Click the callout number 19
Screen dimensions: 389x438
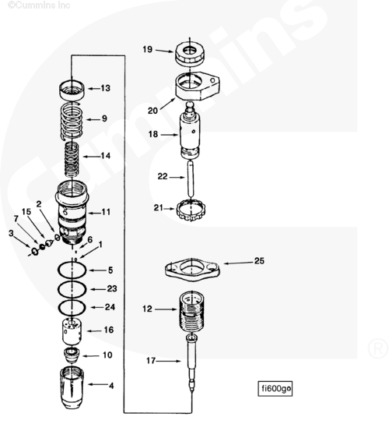point(148,49)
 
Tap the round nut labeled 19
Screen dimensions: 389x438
point(190,54)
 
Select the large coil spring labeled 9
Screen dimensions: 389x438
point(72,120)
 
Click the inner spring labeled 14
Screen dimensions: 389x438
point(72,159)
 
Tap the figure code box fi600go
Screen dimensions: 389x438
point(275,388)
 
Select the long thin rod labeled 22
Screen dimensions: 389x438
point(190,178)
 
